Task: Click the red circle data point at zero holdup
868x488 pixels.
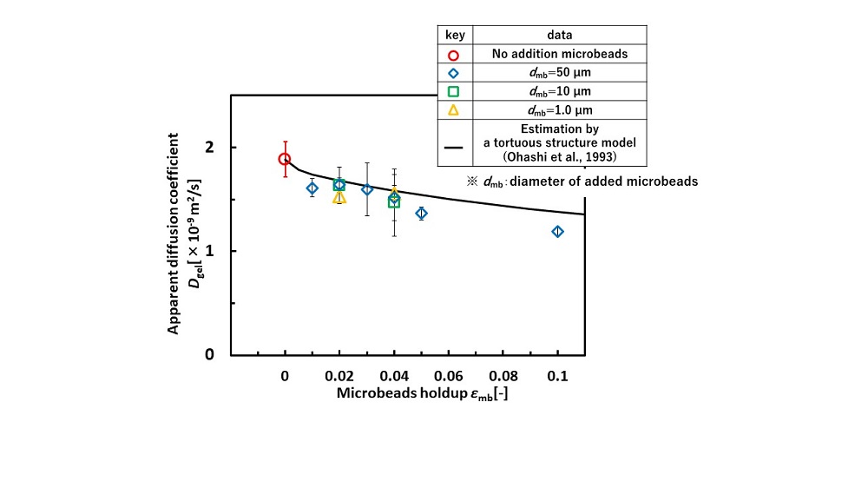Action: click(x=285, y=159)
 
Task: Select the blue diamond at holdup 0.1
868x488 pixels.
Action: click(x=557, y=231)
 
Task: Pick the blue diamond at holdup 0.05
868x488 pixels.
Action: click(x=421, y=213)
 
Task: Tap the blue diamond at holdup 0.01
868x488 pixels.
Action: click(x=312, y=188)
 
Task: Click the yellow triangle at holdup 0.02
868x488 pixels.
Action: click(x=339, y=197)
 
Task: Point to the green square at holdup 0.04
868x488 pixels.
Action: click(x=394, y=201)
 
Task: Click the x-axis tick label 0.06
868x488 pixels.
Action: click(x=448, y=376)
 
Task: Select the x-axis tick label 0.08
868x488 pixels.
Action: click(x=503, y=376)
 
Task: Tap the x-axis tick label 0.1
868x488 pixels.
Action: click(x=557, y=376)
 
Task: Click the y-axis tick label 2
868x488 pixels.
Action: click(x=208, y=148)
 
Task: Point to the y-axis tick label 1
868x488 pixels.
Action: click(x=208, y=251)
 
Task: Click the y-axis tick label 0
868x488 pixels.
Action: click(x=208, y=354)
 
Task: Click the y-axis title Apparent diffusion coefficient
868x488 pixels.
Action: click(x=174, y=234)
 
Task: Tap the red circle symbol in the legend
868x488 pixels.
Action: click(x=453, y=54)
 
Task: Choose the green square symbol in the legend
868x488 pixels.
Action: click(x=453, y=91)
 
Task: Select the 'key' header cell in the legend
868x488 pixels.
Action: click(x=454, y=36)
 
